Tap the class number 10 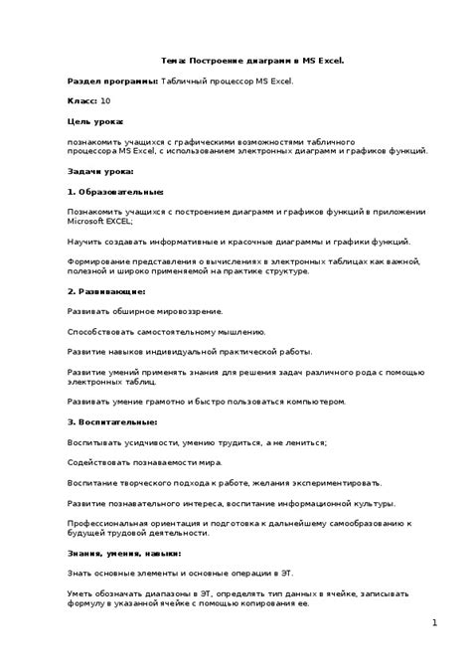pos(105,101)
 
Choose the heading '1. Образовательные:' pos(115,191)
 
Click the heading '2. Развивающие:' pos(106,291)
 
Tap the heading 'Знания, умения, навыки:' pos(124,553)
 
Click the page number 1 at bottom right pos(434,622)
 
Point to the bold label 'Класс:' pos(81,101)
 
